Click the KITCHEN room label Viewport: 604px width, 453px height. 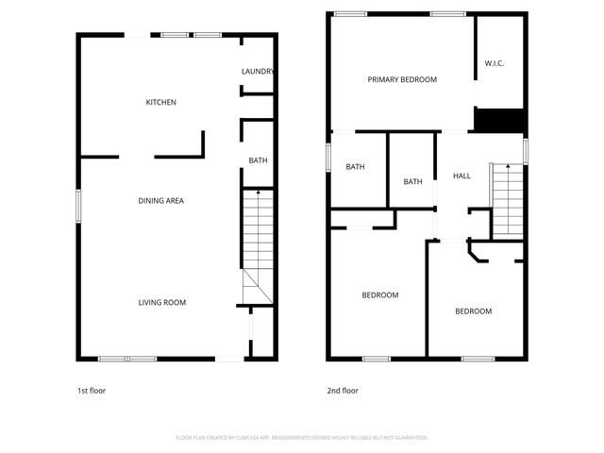pos(160,102)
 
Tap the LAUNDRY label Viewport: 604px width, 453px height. pos(258,72)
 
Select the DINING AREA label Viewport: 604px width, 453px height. pos(160,200)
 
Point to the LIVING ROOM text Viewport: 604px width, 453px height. pos(161,302)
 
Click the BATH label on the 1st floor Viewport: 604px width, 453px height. pos(258,160)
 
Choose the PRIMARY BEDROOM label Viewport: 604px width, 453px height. pos(402,79)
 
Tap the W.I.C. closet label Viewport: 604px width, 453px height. pos(495,63)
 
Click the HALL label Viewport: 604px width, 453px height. pos(461,176)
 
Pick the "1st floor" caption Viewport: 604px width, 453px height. pos(92,390)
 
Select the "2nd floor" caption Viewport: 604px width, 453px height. pos(343,390)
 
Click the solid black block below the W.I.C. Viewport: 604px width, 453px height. pos(498,121)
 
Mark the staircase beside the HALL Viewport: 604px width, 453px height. pos(507,201)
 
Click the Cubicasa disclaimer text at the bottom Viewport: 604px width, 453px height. pos(302,437)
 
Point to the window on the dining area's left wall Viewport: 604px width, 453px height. pos(78,207)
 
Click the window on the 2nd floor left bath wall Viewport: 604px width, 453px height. pos(328,157)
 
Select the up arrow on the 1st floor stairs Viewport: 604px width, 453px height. pos(258,193)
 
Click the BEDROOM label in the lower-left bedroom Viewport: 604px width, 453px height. pos(380,294)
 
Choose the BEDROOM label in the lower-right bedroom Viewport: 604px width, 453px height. pos(473,310)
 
